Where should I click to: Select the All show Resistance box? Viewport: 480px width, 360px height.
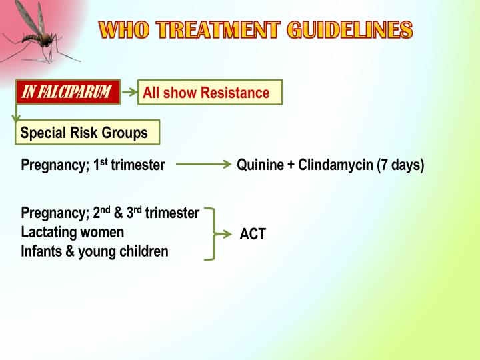tap(210, 93)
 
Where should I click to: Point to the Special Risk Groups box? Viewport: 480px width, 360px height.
tap(87, 133)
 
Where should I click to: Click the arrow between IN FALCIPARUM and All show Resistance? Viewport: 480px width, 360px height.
tap(129, 93)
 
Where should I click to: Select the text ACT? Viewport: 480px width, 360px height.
tap(253, 235)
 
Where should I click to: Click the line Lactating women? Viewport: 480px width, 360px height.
tap(72, 233)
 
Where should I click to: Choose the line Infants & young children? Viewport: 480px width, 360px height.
tap(95, 252)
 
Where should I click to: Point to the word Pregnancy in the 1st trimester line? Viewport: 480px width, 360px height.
tap(53, 165)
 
